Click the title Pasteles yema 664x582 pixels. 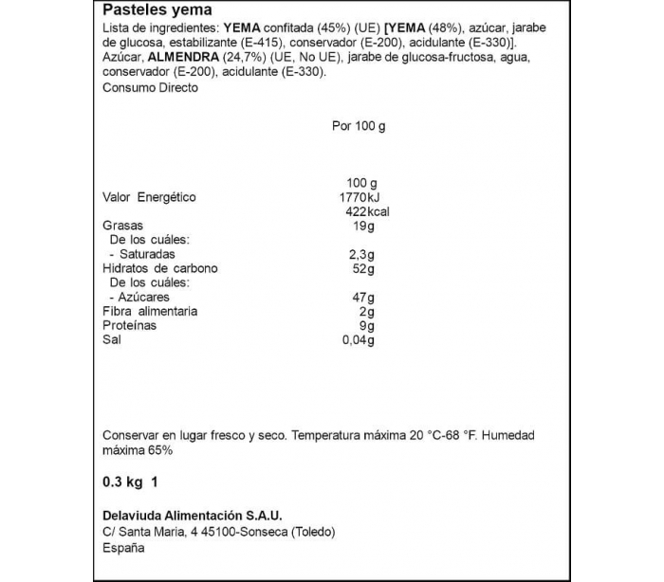pyautogui.click(x=151, y=11)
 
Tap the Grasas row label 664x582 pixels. pyautogui.click(x=122, y=226)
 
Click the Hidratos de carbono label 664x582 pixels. pyautogui.click(x=159, y=268)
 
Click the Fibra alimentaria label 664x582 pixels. pyautogui.click(x=149, y=311)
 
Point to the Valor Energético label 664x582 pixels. pyautogui.click(x=149, y=197)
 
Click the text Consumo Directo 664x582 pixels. pyautogui.click(x=150, y=87)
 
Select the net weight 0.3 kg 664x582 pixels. pyautogui.click(x=122, y=482)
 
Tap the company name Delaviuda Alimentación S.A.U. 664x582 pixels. pyautogui.click(x=192, y=516)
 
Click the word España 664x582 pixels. pyautogui.click(x=123, y=548)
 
